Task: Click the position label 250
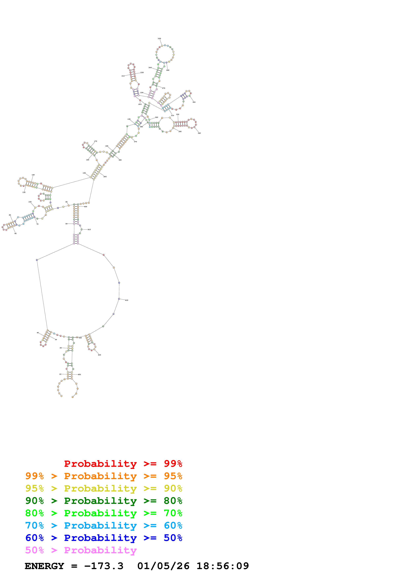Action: (x=159, y=39)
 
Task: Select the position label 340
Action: (x=199, y=133)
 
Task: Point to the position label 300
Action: (x=194, y=102)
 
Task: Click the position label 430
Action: (x=99, y=355)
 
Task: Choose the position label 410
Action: (x=89, y=230)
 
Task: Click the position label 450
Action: (x=79, y=375)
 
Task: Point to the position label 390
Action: (x=105, y=177)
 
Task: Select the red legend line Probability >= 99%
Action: (x=123, y=464)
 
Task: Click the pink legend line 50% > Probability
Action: (x=81, y=550)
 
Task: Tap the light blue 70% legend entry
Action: (x=104, y=526)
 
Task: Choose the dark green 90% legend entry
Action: (x=104, y=501)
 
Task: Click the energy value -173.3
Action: (x=104, y=566)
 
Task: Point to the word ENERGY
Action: (x=44, y=566)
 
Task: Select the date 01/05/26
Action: (x=163, y=566)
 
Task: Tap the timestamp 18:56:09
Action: (x=223, y=566)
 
